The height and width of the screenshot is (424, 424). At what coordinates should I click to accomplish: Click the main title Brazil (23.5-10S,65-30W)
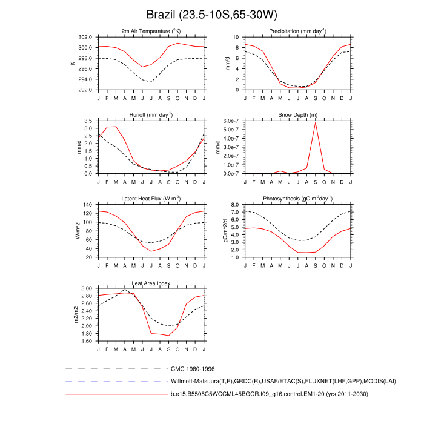[212, 14]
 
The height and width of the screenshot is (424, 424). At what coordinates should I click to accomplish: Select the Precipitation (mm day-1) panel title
[297, 31]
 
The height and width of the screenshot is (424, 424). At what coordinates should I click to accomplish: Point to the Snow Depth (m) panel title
[297, 114]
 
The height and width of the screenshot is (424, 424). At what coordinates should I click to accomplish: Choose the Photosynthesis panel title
[297, 199]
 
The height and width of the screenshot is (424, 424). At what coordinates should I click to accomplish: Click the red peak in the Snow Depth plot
[315, 123]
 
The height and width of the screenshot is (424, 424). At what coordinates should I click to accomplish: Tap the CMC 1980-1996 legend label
[193, 368]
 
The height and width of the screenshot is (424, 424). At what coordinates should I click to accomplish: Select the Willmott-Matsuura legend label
[265, 382]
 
